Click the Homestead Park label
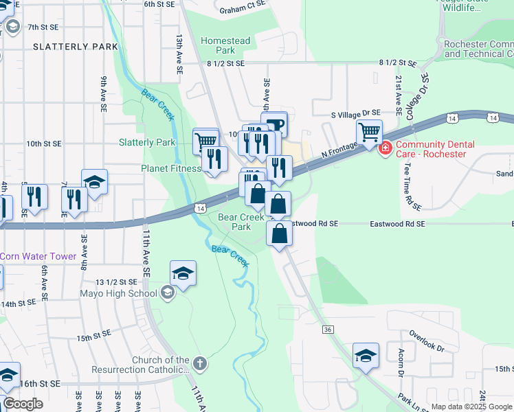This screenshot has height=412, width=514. [225, 45]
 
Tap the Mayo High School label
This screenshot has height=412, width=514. [128, 294]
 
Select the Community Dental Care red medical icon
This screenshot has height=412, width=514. [385, 147]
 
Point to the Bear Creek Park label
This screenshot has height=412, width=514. [241, 222]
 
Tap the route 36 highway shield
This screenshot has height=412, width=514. [328, 330]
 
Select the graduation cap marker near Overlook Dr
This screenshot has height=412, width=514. [366, 355]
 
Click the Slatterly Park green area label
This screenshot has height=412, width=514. [147, 143]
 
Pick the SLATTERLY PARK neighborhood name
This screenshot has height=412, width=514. [76, 47]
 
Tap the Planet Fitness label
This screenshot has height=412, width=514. [171, 168]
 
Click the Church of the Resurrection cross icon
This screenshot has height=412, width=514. [199, 363]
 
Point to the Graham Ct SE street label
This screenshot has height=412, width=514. [243, 10]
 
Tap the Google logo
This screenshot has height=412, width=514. [23, 404]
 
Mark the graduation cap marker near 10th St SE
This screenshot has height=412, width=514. [94, 182]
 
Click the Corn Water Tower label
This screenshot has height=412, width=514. [38, 256]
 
